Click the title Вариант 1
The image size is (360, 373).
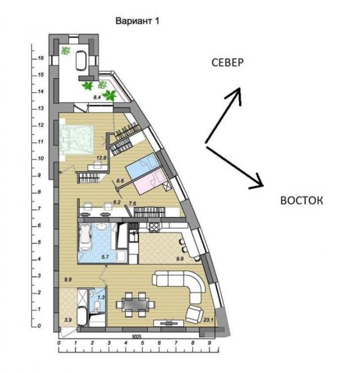pos(137,21)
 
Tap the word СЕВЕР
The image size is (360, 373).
pos(228,62)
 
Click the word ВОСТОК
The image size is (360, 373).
pos(301,200)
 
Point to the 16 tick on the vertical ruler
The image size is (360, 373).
pos(40,58)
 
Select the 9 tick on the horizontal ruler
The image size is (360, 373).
pos(209,343)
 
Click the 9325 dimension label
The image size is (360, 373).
pos(137,336)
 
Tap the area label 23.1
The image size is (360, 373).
pos(208,320)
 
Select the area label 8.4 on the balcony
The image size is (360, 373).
pos(97,97)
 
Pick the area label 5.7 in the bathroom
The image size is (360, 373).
pos(105,257)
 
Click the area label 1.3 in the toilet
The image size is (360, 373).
pos(101,297)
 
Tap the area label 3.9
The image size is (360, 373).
pos(68,320)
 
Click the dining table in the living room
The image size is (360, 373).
pos(136,304)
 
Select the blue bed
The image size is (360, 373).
pos(143,166)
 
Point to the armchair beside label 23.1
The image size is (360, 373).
pos(195,314)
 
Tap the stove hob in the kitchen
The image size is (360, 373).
pos(154,227)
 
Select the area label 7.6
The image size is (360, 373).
pos(132,204)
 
